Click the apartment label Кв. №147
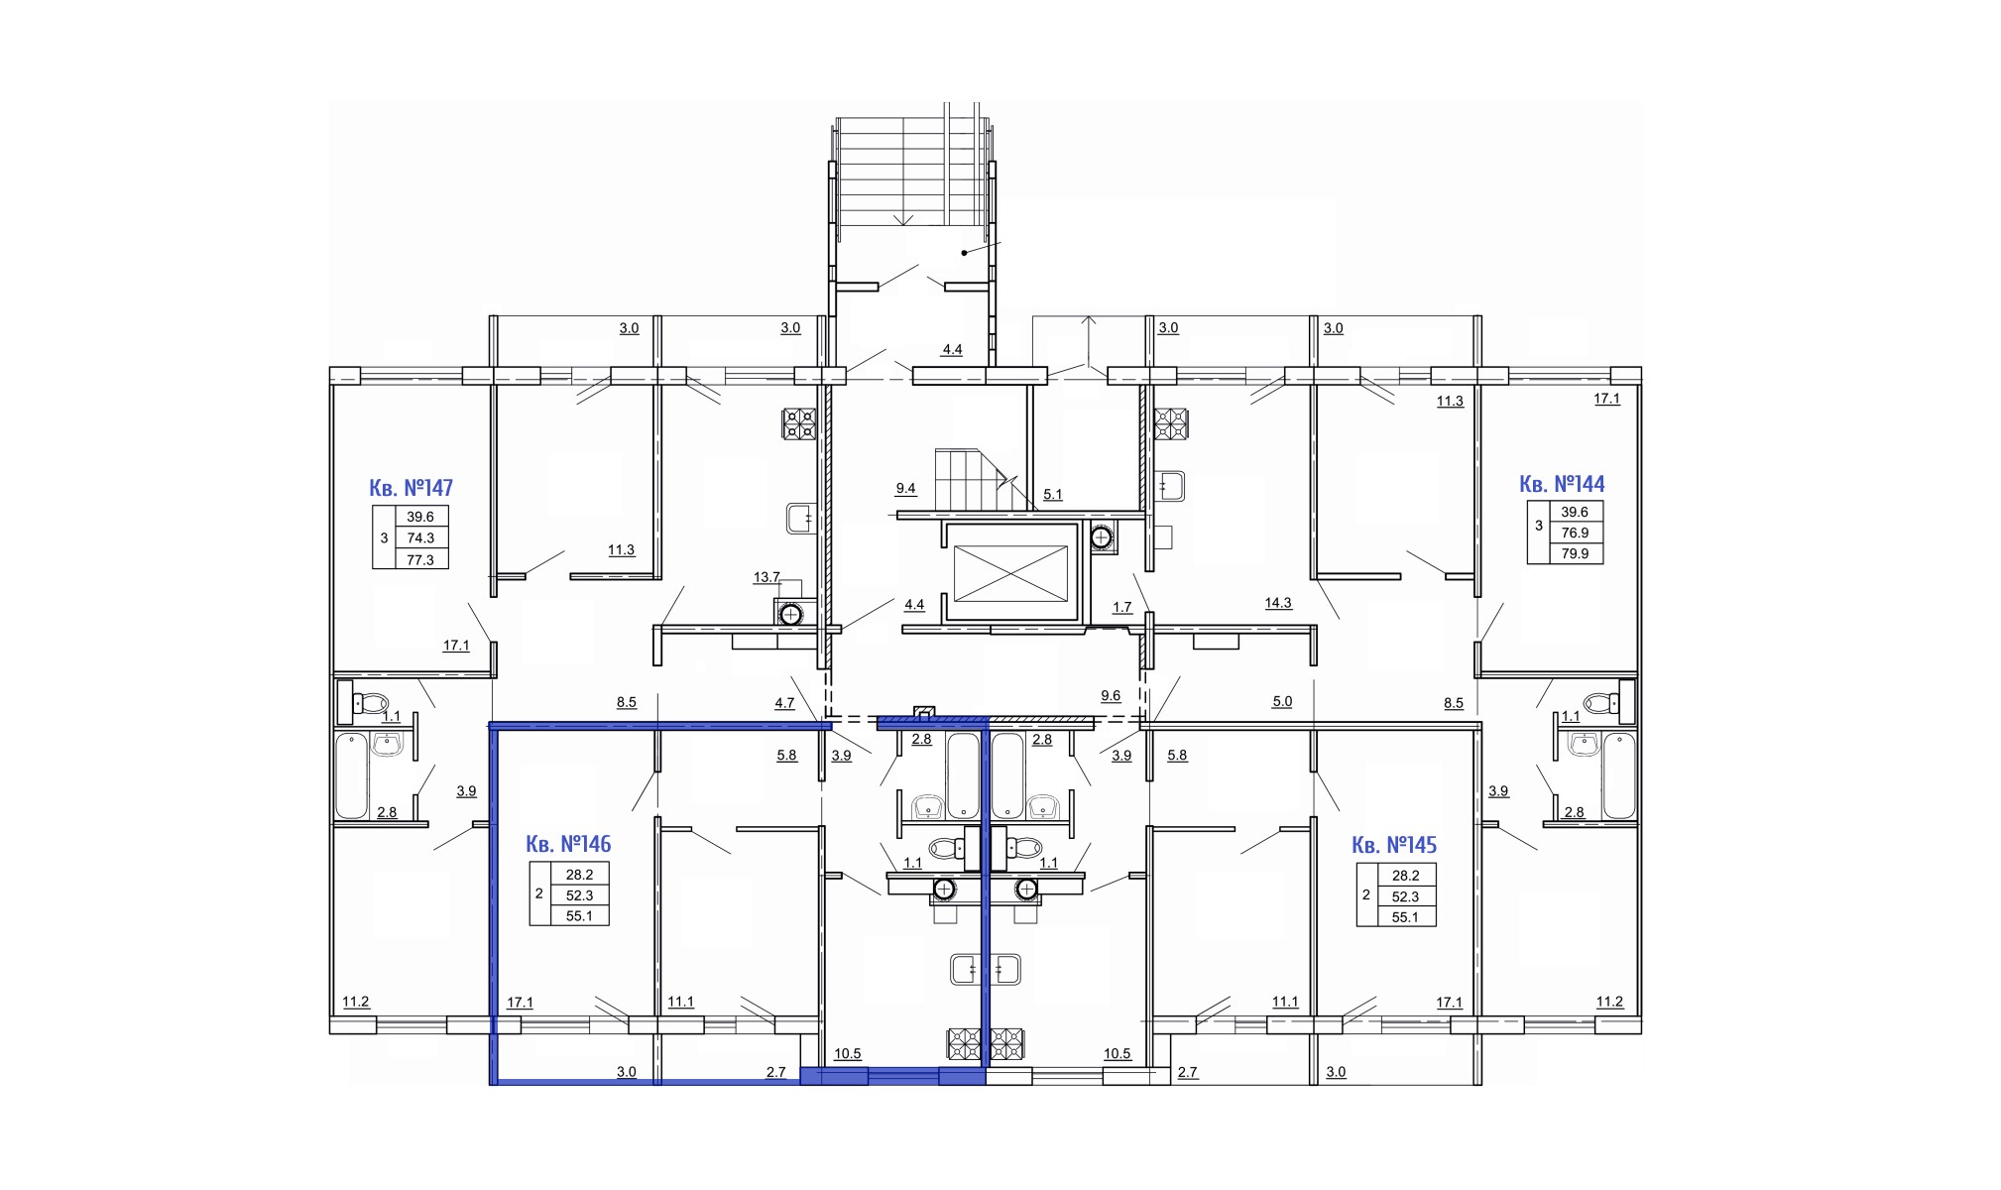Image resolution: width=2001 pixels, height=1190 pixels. coord(411,488)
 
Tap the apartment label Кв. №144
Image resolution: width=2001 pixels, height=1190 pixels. coord(1562,484)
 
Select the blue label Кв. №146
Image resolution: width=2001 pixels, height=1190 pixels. coord(568,844)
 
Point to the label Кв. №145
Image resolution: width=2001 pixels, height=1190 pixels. coord(1394,845)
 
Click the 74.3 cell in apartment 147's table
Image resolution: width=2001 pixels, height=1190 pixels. coord(420,537)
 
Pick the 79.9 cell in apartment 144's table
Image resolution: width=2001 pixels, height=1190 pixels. coord(1575,553)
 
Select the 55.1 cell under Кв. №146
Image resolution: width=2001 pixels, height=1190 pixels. coord(579,915)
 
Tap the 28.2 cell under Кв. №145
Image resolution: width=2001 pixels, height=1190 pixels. coord(1405,876)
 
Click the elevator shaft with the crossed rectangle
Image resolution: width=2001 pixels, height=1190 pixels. coord(1010,573)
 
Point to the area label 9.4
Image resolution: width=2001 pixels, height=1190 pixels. coord(905,488)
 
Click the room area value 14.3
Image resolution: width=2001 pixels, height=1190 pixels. coord(1278,602)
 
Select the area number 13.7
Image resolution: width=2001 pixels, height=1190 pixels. coord(766,576)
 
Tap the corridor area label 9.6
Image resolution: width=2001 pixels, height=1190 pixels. coord(1111,695)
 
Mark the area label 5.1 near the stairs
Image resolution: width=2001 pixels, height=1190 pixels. coord(1053,494)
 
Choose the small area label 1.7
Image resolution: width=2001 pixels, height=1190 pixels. coord(1121,607)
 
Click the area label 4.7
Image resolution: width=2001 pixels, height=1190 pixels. coord(784,702)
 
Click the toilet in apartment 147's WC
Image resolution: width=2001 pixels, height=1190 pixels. coord(363,702)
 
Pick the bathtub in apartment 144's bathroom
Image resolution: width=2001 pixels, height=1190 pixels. coord(1618,775)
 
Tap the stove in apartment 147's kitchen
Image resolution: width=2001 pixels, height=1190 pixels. coord(799,424)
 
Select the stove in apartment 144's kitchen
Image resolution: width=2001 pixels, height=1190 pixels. coord(1170,424)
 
